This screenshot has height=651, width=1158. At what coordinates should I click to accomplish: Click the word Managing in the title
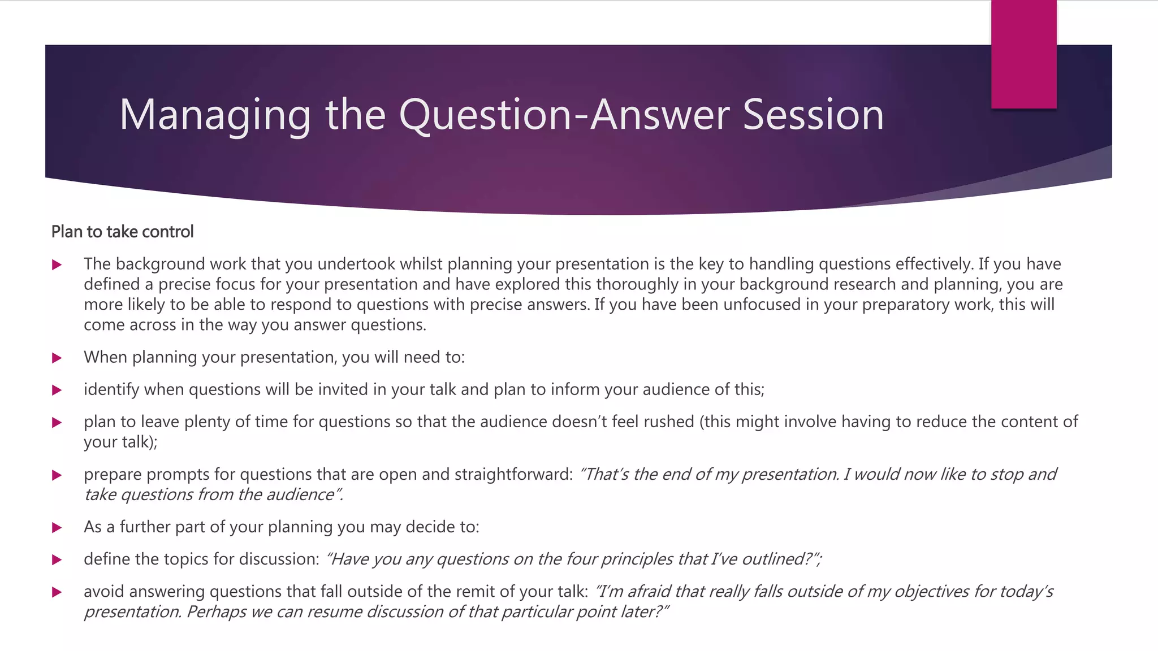(x=215, y=115)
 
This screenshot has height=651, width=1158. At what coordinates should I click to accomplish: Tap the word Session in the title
(x=813, y=115)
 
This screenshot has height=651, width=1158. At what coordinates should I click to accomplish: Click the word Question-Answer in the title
(x=570, y=115)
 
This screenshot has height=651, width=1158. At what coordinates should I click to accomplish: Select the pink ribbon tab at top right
(x=1023, y=54)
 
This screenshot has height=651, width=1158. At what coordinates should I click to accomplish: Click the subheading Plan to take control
(x=122, y=232)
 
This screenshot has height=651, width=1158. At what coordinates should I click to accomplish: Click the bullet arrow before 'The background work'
(x=57, y=264)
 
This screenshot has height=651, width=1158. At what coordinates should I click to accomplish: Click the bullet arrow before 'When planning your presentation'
(x=57, y=358)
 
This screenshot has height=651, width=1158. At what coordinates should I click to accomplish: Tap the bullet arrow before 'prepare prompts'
(x=57, y=475)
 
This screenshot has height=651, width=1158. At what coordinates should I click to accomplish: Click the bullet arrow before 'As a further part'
(x=57, y=527)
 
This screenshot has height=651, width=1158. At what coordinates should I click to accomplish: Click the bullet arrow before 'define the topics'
(x=57, y=559)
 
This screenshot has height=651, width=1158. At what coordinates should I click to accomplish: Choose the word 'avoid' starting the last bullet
(x=104, y=591)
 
